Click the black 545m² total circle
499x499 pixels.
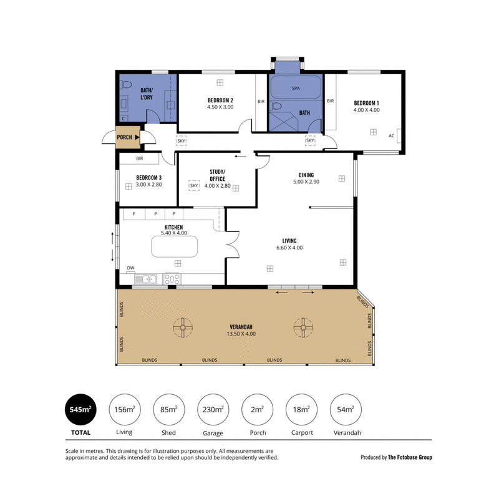80,409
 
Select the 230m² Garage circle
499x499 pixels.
213,409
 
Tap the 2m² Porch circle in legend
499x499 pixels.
257,409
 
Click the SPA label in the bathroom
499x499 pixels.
296,89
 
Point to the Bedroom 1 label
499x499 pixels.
366,103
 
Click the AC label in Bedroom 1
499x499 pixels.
392,135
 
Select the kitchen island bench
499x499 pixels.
174,246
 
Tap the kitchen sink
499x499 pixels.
145,279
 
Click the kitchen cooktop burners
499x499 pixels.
172,279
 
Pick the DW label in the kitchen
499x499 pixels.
130,268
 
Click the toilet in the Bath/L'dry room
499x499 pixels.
126,85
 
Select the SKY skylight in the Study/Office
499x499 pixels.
194,185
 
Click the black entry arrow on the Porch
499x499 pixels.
137,137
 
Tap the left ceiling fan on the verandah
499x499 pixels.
183,327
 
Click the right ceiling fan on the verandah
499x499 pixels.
303,327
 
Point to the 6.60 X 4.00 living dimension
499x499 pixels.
289,248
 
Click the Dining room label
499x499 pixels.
306,175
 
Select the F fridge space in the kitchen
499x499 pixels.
134,214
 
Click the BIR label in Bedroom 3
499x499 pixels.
139,158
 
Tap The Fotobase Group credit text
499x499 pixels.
410,457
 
